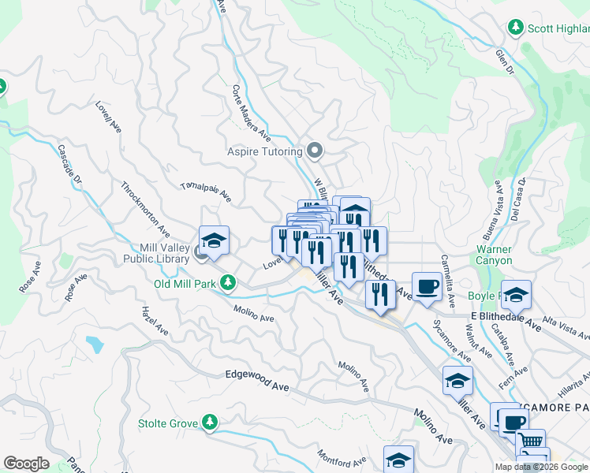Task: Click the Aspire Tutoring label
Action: tap(265, 151)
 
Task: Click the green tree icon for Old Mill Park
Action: tap(228, 282)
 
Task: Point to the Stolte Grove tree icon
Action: tap(209, 423)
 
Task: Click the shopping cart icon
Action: tap(532, 442)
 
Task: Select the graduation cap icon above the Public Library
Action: tap(214, 240)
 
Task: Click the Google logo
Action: tap(26, 464)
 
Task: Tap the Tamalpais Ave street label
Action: tap(206, 191)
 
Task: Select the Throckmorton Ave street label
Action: tap(145, 210)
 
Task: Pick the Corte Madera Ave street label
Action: tap(252, 114)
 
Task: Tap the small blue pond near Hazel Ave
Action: tap(95, 345)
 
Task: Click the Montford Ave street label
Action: tap(342, 458)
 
